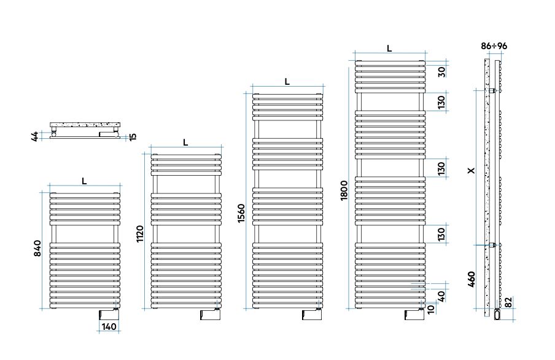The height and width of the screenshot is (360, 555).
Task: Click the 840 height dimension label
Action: click(37, 248)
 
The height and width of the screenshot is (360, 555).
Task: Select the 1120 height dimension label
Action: click(140, 234)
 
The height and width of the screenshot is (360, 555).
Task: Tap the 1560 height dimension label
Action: click(241, 213)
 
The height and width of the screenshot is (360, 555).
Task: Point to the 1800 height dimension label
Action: click(344, 190)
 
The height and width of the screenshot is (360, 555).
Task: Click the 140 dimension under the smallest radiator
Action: click(109, 327)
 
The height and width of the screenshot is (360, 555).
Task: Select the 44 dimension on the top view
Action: click(34, 136)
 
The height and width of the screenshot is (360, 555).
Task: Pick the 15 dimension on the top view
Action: click(133, 136)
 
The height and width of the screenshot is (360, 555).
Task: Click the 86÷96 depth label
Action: click(494, 46)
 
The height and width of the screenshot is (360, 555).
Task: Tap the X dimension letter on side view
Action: click(471, 171)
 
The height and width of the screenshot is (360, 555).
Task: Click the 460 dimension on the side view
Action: click(471, 279)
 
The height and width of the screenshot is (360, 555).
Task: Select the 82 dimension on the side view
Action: click(508, 302)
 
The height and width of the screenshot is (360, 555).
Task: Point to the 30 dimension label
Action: click(441, 72)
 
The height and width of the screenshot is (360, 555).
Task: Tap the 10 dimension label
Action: click(430, 310)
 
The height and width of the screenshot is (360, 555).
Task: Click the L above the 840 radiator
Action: click(84, 181)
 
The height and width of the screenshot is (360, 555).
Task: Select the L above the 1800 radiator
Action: click(389, 49)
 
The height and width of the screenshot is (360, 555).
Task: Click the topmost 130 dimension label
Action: click(441, 102)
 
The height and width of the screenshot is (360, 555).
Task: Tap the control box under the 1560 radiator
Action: click(312, 315)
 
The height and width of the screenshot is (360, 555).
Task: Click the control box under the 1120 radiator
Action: click(211, 315)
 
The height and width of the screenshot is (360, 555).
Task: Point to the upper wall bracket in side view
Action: click(492, 91)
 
